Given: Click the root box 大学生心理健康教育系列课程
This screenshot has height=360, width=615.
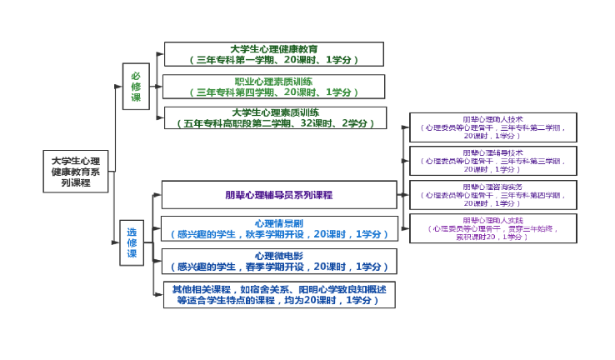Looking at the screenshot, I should point(76,171).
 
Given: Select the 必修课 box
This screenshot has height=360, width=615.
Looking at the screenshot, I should point(136,87).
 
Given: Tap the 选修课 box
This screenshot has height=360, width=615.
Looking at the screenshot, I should point(132,242).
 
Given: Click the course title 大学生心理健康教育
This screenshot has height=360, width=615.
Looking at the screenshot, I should point(273,49).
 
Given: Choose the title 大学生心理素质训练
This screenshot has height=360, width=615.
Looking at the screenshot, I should point(275,112).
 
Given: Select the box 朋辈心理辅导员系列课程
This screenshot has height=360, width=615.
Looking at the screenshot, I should point(278,195).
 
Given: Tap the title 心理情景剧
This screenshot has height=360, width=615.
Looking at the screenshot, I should point(278,223).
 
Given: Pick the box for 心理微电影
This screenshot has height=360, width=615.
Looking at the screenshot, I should point(278,261).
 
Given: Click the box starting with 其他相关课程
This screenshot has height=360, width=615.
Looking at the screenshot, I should point(278,294).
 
